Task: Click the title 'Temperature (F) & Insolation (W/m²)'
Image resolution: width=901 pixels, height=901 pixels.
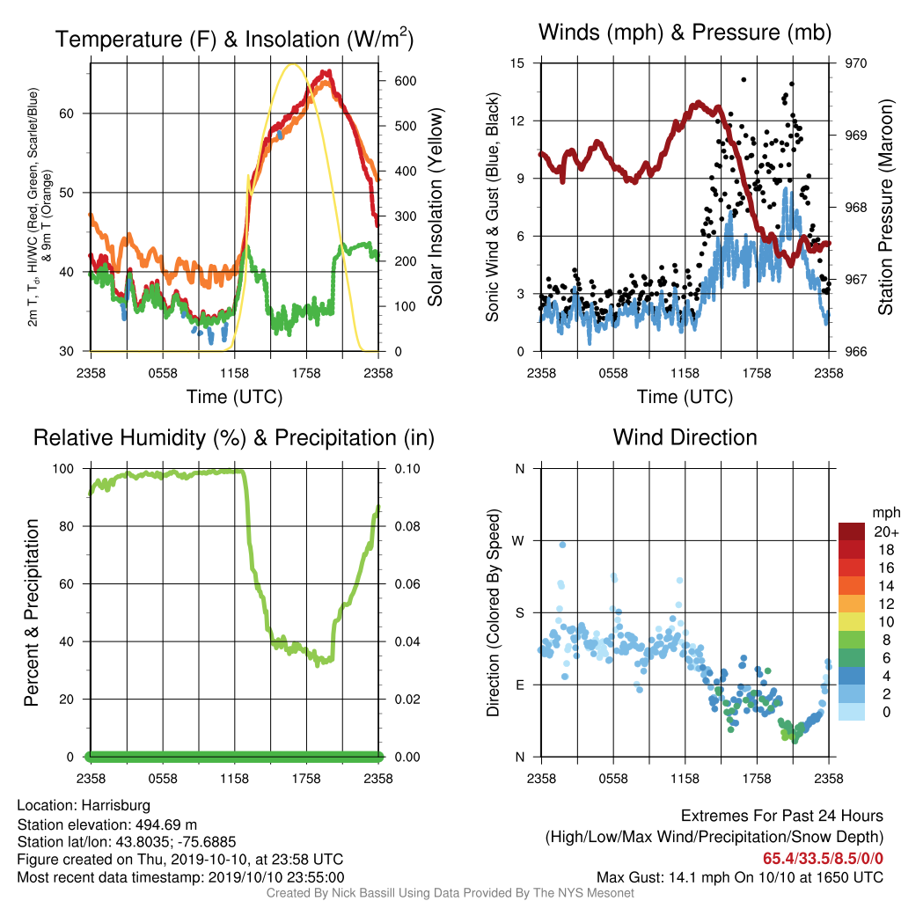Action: click(x=234, y=39)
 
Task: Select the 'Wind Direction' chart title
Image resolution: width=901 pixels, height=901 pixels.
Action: click(x=685, y=437)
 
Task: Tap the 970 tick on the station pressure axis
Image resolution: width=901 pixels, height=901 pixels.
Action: click(x=855, y=63)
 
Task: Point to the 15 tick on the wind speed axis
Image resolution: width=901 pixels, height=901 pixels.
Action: click(x=517, y=63)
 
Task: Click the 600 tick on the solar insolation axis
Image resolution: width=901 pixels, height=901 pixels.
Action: click(x=405, y=81)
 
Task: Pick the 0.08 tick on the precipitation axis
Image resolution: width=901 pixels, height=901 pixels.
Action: click(x=407, y=526)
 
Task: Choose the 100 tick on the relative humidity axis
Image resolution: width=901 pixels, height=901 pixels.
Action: click(x=63, y=469)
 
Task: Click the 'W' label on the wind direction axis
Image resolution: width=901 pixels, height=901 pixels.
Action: click(x=518, y=541)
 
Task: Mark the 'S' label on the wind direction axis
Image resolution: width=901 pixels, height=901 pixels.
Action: click(x=519, y=613)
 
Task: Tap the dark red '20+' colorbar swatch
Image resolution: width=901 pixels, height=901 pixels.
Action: click(x=852, y=531)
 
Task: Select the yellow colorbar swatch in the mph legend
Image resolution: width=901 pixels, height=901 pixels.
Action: click(x=852, y=622)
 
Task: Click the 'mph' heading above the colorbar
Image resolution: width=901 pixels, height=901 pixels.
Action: click(x=885, y=513)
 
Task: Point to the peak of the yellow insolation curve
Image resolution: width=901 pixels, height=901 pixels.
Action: click(x=293, y=63)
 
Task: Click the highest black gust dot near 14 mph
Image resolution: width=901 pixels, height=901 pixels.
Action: click(x=744, y=80)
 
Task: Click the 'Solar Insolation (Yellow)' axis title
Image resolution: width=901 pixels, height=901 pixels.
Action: click(x=435, y=207)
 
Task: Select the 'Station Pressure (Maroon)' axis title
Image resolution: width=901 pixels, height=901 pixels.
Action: click(x=885, y=207)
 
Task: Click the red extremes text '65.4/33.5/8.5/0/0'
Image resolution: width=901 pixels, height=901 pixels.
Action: click(x=823, y=859)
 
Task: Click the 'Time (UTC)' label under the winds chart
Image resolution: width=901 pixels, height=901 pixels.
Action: click(x=685, y=397)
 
